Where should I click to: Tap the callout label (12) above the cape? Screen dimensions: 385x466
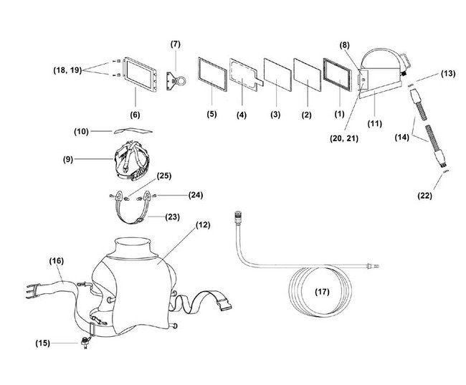point(203,224)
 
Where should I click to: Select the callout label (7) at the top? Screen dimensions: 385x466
point(176,44)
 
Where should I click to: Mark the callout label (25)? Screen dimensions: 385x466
point(164,176)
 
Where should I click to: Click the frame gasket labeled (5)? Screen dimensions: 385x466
point(211,77)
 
